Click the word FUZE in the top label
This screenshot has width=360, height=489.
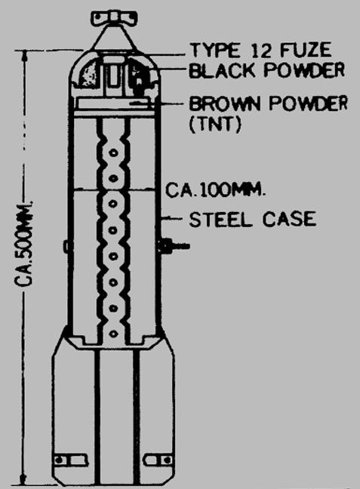click(306, 51)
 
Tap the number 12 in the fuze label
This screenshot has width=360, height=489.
click(261, 51)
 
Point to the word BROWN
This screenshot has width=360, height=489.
click(224, 103)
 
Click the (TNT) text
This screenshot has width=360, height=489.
click(215, 125)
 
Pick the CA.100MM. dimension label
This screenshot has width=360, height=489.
click(216, 189)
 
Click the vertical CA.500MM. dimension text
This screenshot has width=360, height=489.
click(24, 244)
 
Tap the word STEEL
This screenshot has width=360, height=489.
click(220, 220)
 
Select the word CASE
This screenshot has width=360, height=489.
click(289, 219)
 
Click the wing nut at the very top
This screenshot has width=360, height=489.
click(114, 18)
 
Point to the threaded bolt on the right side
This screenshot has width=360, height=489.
click(174, 246)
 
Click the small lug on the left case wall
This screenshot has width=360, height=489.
click(66, 246)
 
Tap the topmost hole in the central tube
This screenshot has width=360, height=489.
click(113, 152)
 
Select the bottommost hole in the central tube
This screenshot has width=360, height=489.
click(113, 334)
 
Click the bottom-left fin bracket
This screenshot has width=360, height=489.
click(70, 460)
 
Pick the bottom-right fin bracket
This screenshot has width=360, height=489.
click(158, 460)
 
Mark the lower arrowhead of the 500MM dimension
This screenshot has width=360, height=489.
click(23, 480)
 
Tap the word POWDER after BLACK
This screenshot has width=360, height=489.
click(304, 70)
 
